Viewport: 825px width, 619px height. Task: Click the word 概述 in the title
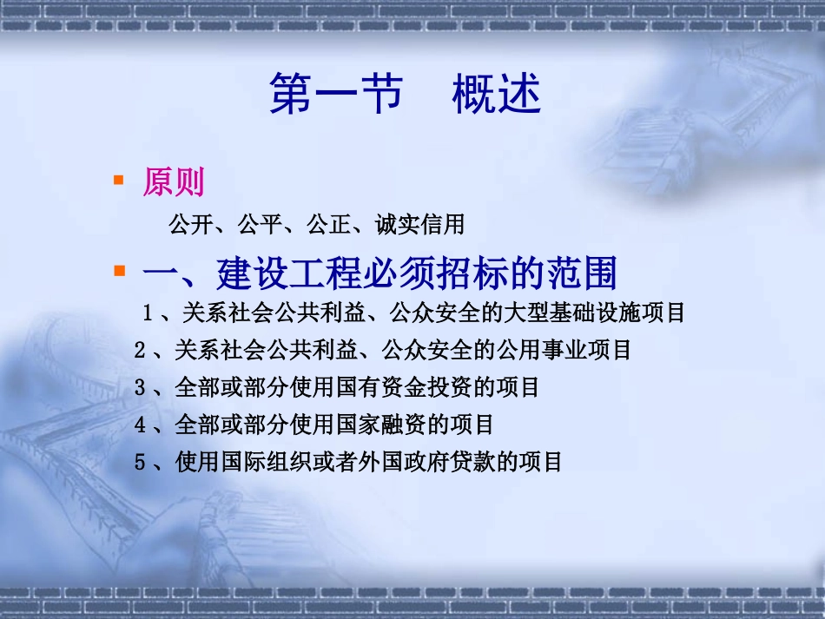(x=496, y=94)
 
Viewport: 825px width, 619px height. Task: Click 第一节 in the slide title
(x=336, y=94)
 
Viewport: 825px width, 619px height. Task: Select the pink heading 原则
(x=174, y=182)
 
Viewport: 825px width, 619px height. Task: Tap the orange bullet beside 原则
(x=118, y=180)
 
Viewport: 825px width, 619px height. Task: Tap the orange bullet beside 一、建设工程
(x=118, y=272)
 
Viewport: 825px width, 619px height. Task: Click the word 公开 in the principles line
(x=190, y=226)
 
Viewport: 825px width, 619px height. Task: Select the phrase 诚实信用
(x=420, y=226)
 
